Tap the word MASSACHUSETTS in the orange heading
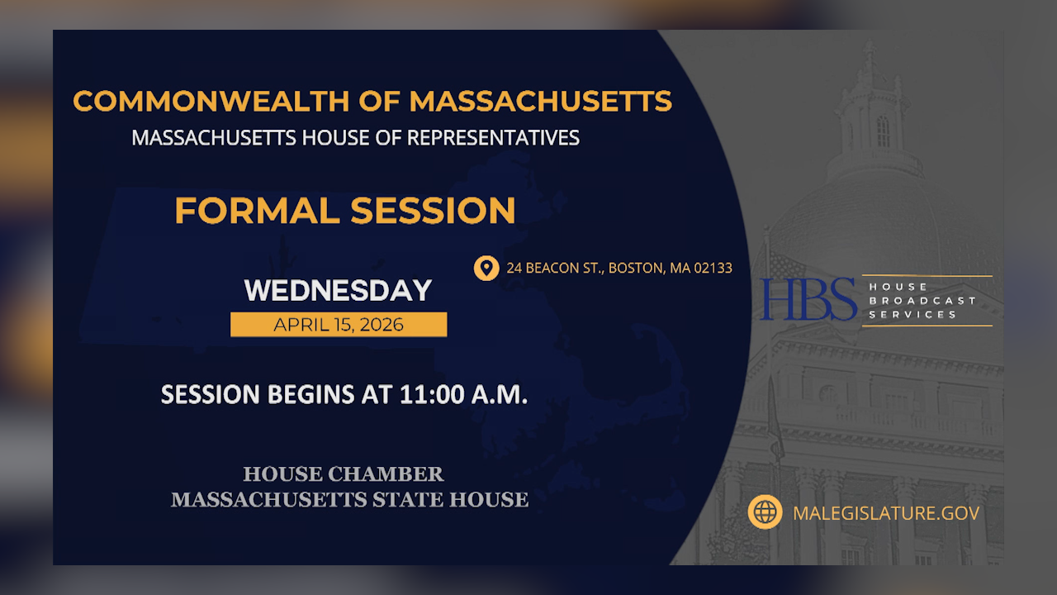(540, 101)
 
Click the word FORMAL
(257, 210)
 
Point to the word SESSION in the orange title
(433, 210)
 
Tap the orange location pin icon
(486, 268)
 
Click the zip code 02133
(712, 268)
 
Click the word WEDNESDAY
(338, 291)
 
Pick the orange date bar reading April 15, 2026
(338, 325)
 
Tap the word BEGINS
(312, 394)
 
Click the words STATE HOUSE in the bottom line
(465, 499)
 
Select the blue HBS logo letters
(808, 299)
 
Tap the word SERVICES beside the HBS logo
(912, 315)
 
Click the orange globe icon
(765, 512)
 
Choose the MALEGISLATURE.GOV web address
(885, 513)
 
